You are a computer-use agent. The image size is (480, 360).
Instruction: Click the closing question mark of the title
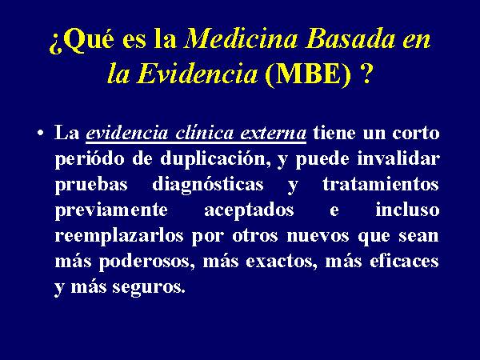tap(366, 74)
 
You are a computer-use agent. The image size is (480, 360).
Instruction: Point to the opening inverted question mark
tap(56, 44)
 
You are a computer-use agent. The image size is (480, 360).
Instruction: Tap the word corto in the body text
tap(415, 134)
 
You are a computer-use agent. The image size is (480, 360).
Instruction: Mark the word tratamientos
tap(380, 185)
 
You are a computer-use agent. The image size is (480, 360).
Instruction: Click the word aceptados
tap(249, 211)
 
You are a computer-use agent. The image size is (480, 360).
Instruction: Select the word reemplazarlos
tap(119, 237)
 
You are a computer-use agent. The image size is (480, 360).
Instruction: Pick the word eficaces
tap(404, 261)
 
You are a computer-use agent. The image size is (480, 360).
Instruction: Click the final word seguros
tap(149, 288)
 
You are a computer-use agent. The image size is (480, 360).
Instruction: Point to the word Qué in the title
tap(89, 39)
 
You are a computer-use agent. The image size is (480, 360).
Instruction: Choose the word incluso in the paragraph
tap(407, 210)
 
